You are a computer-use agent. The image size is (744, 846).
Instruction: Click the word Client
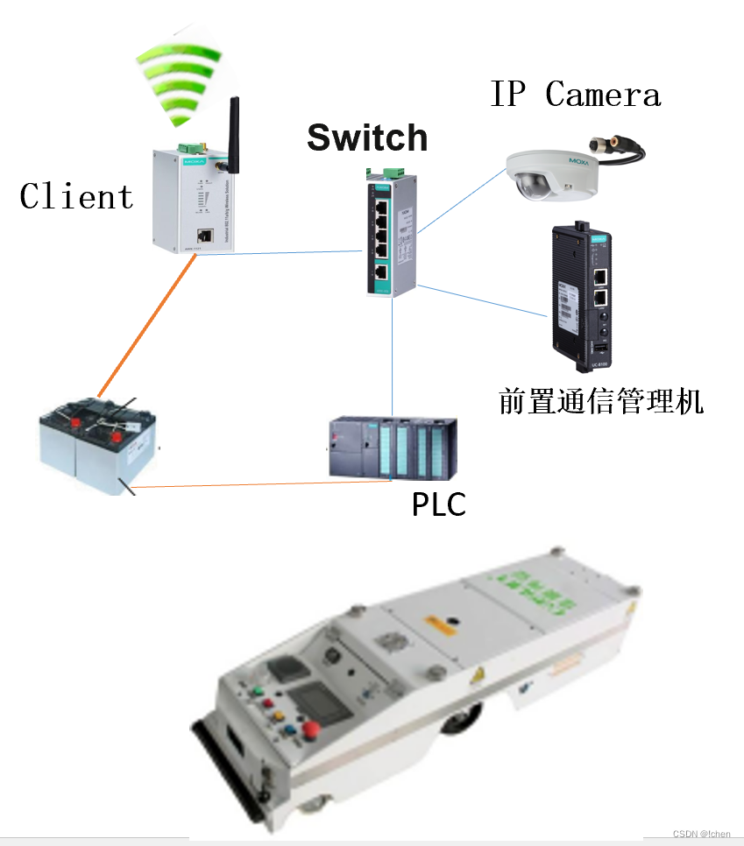76,196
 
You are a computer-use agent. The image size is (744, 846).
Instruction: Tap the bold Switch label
367,137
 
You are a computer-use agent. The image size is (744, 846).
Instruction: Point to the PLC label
438,504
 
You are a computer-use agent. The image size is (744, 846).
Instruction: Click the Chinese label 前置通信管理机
601,400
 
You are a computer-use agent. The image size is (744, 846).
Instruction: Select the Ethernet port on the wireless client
204,235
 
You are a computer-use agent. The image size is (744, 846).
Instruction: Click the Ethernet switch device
391,235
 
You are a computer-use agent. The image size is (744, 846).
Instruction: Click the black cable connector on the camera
618,147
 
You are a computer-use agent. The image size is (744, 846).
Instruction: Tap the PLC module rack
392,448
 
